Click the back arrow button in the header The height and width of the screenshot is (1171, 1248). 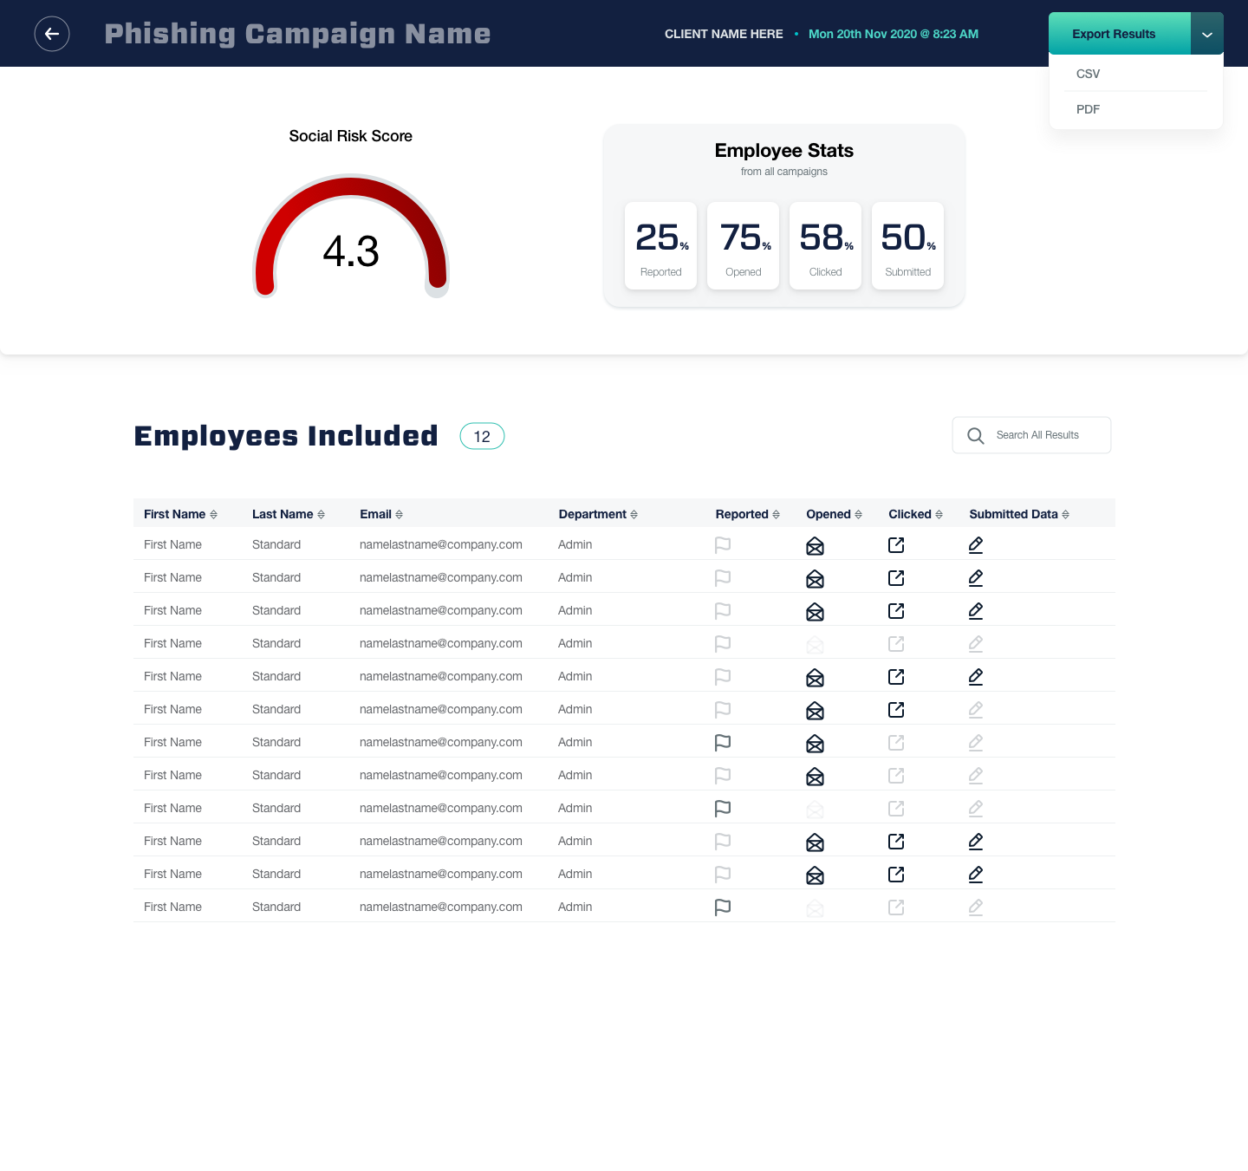click(52, 34)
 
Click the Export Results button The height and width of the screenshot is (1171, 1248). click(1114, 34)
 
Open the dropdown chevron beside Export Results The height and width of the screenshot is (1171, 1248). click(1207, 35)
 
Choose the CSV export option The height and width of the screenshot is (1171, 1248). click(1089, 74)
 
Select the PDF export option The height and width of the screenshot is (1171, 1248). click(1089, 109)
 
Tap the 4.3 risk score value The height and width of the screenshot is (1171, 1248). click(351, 251)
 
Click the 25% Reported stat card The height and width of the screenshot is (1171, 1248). click(660, 245)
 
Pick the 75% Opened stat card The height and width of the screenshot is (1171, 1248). click(743, 245)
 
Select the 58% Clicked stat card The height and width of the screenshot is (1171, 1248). click(825, 245)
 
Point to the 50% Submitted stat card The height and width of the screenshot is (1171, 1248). click(907, 245)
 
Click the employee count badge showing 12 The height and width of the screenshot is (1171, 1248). click(482, 436)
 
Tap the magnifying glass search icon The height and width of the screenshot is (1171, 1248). click(976, 436)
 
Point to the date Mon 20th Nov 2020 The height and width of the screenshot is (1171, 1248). click(893, 34)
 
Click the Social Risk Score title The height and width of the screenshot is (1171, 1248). click(351, 136)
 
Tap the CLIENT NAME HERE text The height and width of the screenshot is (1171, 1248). click(724, 34)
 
